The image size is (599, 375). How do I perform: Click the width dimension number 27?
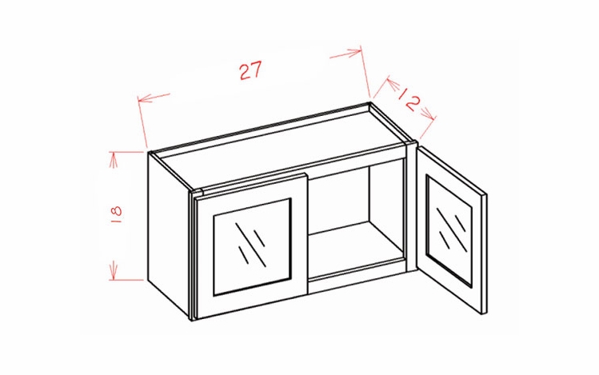point(250,70)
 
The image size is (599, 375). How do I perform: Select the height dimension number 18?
point(118,214)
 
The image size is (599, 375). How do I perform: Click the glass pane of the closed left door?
point(253,247)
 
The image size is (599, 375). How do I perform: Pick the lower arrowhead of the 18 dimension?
point(114,271)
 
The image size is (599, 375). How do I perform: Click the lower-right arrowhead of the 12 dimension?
point(429,114)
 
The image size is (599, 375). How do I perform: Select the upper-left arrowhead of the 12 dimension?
point(392,83)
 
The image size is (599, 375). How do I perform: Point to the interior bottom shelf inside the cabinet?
point(355,245)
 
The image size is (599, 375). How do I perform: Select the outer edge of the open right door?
point(485,253)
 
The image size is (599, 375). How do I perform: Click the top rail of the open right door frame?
point(451,172)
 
